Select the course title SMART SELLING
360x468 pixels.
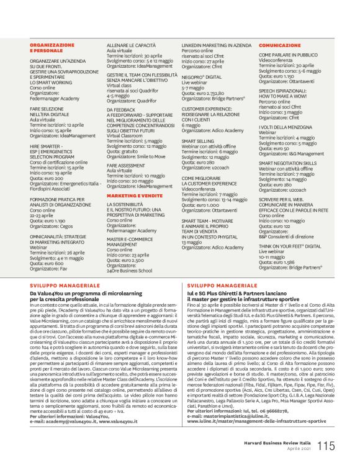click(197, 141)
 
